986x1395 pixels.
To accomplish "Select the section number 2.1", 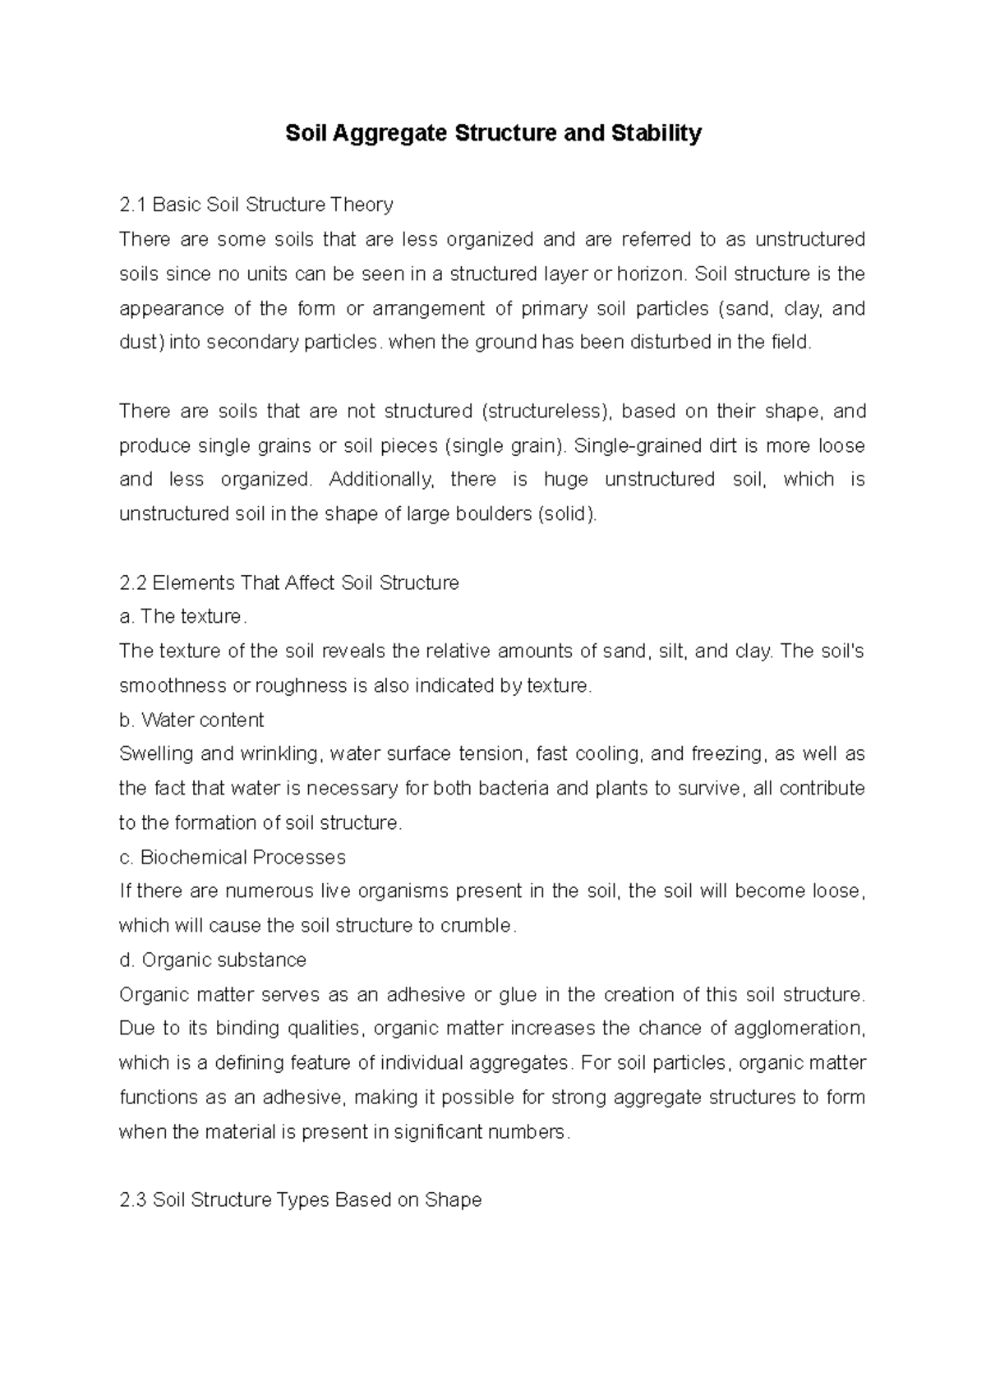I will click(133, 204).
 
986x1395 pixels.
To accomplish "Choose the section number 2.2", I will click(133, 583).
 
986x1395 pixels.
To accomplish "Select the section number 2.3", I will click(133, 1200).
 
